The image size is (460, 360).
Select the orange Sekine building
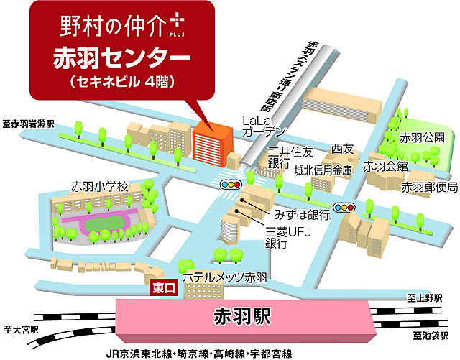tap(211, 147)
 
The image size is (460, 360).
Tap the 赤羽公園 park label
tap(422, 137)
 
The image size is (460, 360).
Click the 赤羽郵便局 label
tap(429, 187)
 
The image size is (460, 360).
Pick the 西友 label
tap(342, 149)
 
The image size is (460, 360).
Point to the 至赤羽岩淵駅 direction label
tap(28, 124)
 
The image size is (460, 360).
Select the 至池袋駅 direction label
tap(431, 336)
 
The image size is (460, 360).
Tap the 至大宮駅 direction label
tap(20, 331)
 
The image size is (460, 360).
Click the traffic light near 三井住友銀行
tap(230, 185)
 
